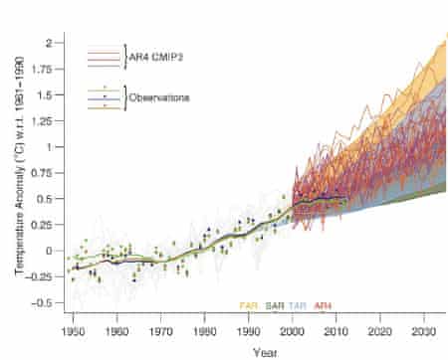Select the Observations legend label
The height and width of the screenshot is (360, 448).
click(x=163, y=97)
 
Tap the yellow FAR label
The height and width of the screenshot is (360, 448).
click(x=249, y=305)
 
